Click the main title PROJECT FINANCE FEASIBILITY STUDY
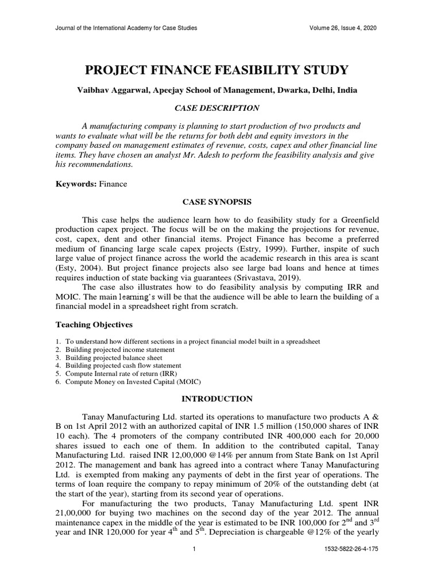(x=216, y=71)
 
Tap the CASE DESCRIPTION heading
(x=216, y=108)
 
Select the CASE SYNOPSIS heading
(x=216, y=202)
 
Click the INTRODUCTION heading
(x=216, y=398)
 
